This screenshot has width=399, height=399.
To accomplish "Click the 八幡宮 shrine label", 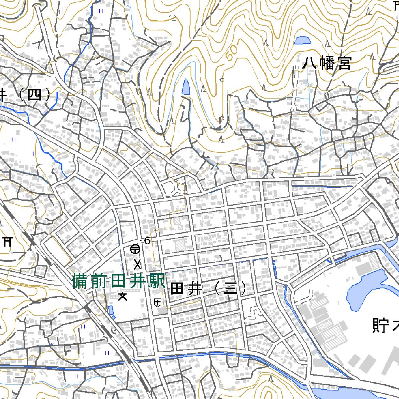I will [x=327, y=63].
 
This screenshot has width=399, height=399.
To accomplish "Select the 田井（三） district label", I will [x=208, y=289].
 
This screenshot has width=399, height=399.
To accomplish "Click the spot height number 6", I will [x=147, y=241].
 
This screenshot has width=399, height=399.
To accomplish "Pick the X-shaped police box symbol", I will [x=138, y=265].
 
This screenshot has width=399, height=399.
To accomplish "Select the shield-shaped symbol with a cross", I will [x=158, y=302].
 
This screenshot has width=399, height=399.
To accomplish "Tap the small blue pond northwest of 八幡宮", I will [x=302, y=40].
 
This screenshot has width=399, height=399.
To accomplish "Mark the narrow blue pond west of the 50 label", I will [x=186, y=87].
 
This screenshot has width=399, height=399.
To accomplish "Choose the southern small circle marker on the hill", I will [x=221, y=118].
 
